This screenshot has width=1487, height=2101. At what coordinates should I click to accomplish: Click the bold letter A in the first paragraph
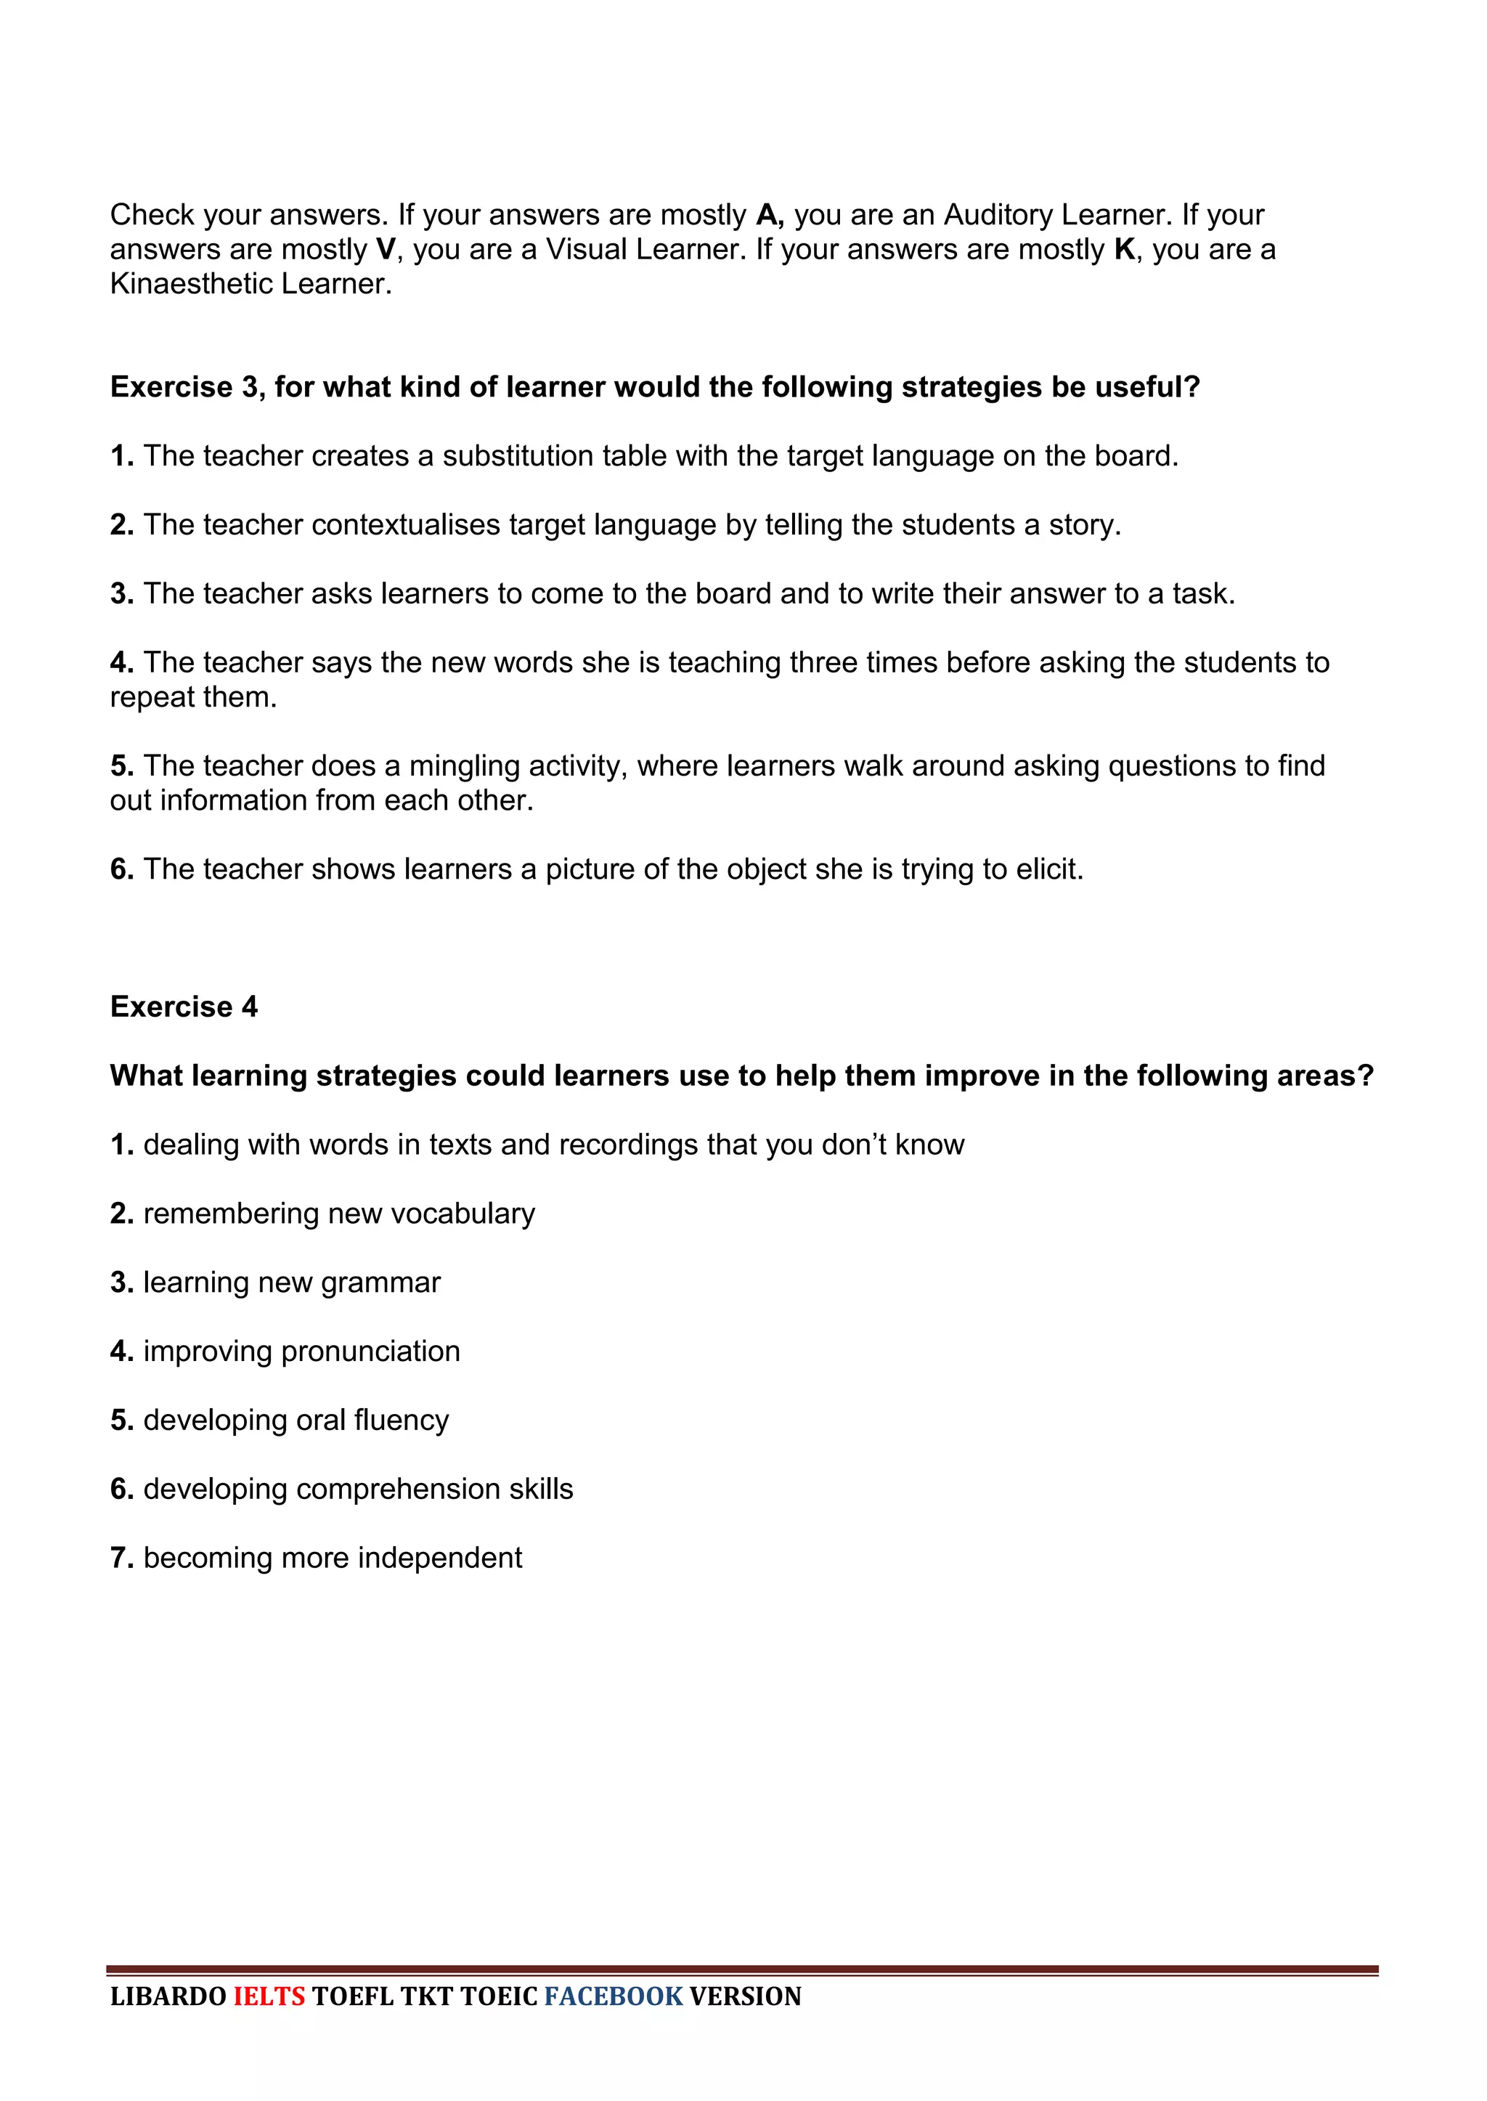(767, 215)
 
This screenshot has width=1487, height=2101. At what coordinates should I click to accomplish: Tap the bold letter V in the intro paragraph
(385, 250)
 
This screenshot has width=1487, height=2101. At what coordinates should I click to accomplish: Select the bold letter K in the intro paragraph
(1125, 250)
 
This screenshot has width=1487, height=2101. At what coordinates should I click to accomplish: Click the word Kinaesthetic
(190, 284)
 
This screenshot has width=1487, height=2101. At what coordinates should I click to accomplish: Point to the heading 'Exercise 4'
(184, 1007)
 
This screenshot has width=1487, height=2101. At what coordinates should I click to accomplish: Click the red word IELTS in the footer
(269, 1996)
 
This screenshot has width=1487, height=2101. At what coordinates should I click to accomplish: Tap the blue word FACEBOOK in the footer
(614, 1996)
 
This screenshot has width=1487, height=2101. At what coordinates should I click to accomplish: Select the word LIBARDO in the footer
(168, 1996)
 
